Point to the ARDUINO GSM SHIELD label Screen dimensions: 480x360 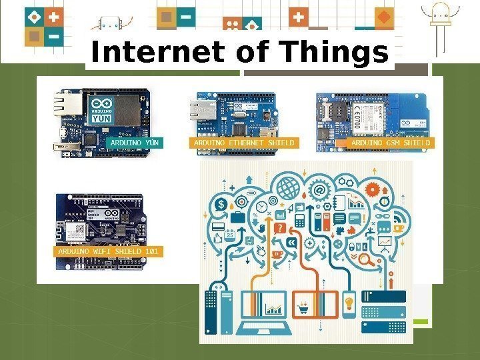tap(391, 143)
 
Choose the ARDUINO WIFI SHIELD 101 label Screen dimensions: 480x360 tap(109, 252)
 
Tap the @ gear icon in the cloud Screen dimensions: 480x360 tap(320, 190)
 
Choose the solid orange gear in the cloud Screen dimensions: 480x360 tap(373, 188)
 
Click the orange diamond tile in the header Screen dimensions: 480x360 tap(384, 15)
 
